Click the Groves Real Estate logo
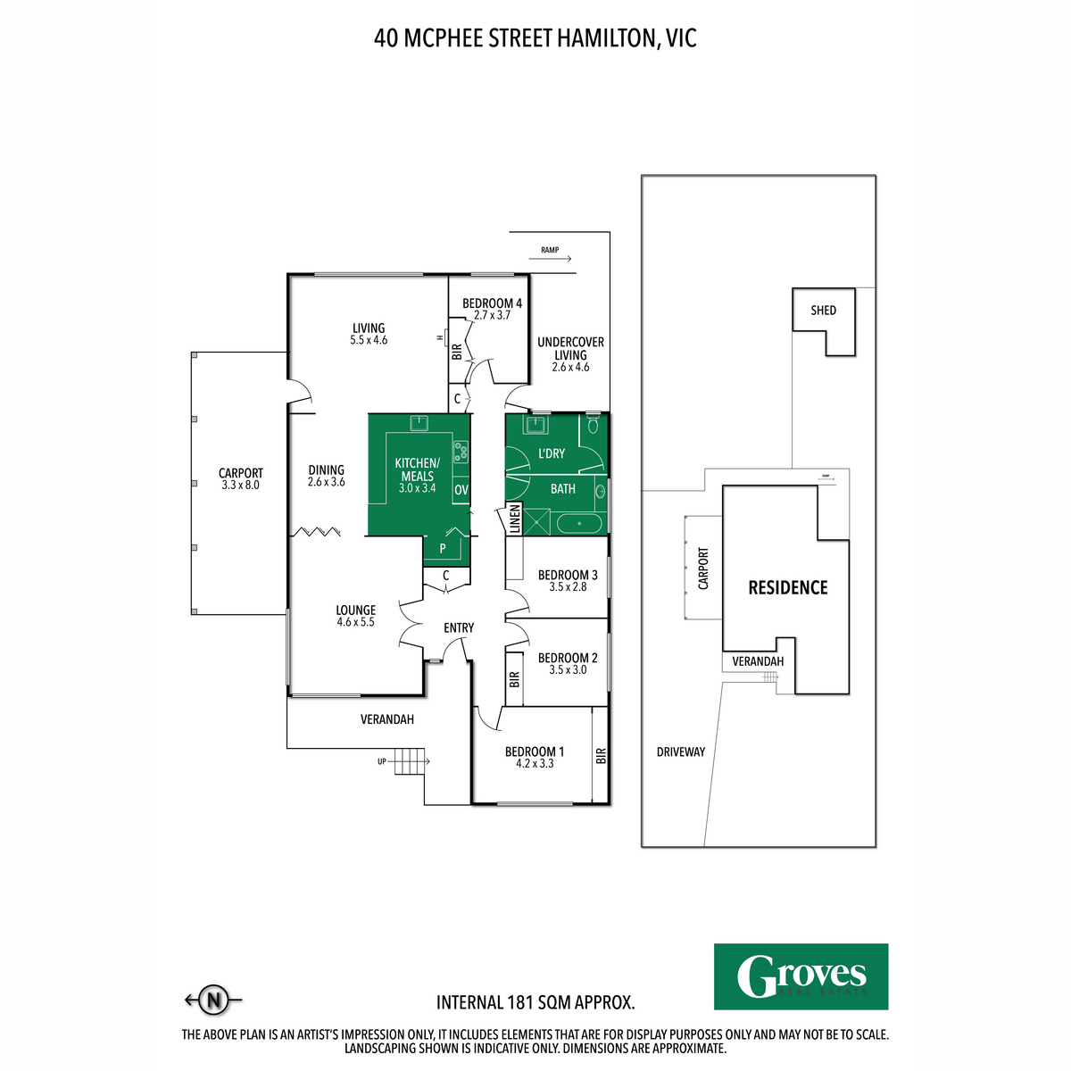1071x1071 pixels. point(801,976)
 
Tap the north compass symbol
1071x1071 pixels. point(212,1000)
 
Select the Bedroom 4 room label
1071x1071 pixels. point(492,303)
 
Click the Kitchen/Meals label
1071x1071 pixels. point(417,469)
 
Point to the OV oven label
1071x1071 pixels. point(461,490)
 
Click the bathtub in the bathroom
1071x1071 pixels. point(578,523)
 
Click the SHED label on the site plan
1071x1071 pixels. point(823,311)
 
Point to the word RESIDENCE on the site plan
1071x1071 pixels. point(787,587)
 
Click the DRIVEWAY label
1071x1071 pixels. point(681,751)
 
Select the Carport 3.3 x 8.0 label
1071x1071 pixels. point(241,479)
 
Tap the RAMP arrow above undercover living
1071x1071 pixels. point(550,256)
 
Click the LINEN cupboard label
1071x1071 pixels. point(515,519)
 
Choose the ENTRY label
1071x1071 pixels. point(459,627)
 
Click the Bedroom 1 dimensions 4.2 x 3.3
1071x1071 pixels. point(535,764)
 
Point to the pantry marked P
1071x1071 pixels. point(443,548)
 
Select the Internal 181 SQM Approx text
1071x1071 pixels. point(535,1002)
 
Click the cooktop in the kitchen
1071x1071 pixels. point(461,452)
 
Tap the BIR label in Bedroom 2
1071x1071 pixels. point(514,680)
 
